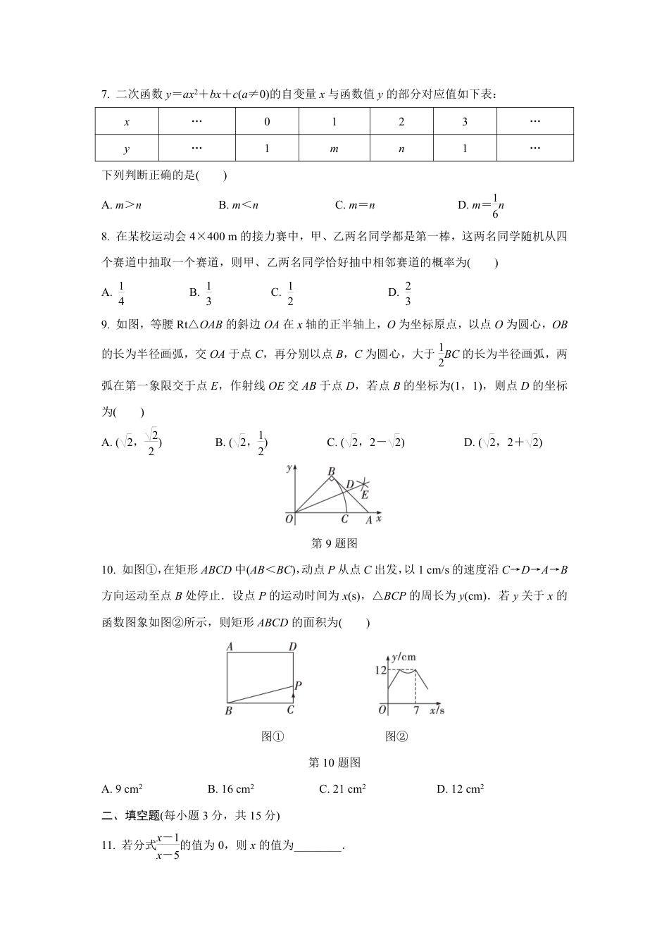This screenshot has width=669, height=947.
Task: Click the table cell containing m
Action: tap(334, 149)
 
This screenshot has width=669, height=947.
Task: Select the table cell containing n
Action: tap(401, 149)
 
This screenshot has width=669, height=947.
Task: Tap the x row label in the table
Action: tap(127, 122)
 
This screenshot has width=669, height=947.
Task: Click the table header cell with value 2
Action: tap(401, 122)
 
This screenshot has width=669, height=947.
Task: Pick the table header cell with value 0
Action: tap(267, 122)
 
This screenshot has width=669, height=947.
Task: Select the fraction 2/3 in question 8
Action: tap(408, 293)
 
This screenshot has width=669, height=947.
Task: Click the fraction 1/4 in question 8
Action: tap(121, 293)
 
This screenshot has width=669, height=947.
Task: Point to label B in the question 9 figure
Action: tap(331, 471)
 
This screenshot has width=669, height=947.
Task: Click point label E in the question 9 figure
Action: tap(364, 495)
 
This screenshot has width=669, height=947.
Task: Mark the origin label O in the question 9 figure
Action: tap(289, 519)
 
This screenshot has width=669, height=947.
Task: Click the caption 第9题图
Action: tap(334, 543)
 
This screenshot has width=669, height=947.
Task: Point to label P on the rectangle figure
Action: tap(299, 685)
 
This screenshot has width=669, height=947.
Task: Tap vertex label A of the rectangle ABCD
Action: tap(230, 647)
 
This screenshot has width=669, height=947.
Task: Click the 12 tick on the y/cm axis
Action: tap(380, 670)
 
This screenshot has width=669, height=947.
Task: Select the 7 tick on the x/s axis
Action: tap(415, 710)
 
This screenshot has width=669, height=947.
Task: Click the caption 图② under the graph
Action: tap(396, 736)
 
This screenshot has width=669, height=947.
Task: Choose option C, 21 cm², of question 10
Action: tap(342, 789)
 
